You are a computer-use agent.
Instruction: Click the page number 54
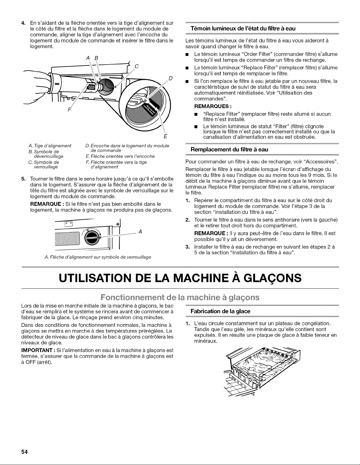click(x=24, y=452)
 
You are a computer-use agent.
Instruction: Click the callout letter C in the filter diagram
click(x=136, y=66)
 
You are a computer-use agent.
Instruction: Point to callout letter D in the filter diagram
click(x=170, y=78)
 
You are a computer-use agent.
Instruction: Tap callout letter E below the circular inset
click(x=165, y=136)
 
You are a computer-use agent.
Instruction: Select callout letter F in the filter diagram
click(x=69, y=110)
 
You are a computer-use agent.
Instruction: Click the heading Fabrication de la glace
click(x=220, y=311)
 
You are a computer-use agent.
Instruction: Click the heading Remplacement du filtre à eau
click(x=229, y=149)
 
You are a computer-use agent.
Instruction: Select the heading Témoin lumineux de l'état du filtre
click(x=243, y=28)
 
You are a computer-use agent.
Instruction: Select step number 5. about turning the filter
click(x=24, y=179)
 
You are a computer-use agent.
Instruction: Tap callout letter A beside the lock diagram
click(x=140, y=231)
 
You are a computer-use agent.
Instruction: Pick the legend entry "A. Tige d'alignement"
click(x=50, y=146)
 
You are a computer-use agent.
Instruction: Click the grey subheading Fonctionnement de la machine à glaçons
click(x=180, y=297)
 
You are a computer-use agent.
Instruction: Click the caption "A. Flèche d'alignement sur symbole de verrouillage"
click(x=98, y=257)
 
